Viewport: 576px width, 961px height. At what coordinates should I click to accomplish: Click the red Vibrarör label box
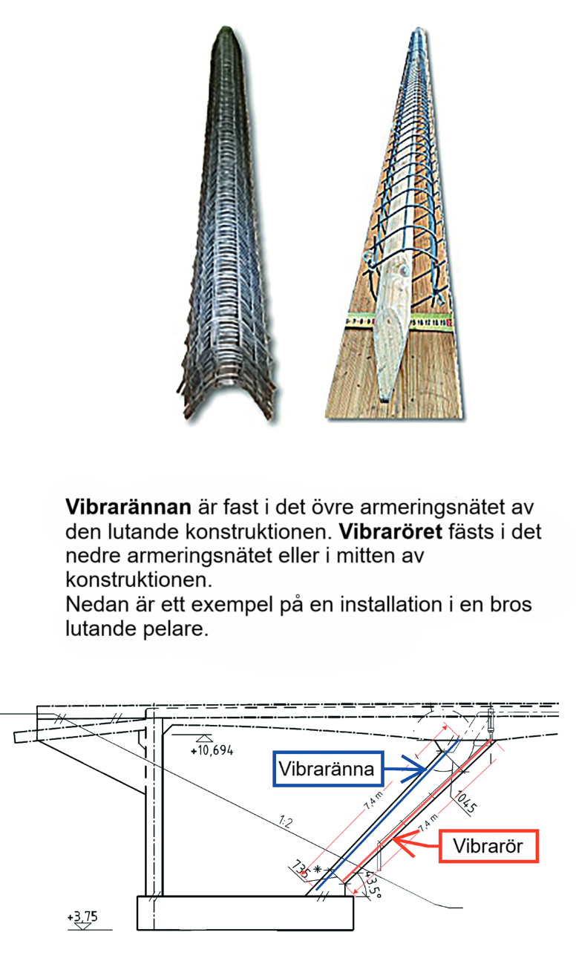click(488, 846)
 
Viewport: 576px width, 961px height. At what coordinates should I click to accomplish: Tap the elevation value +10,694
click(212, 750)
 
